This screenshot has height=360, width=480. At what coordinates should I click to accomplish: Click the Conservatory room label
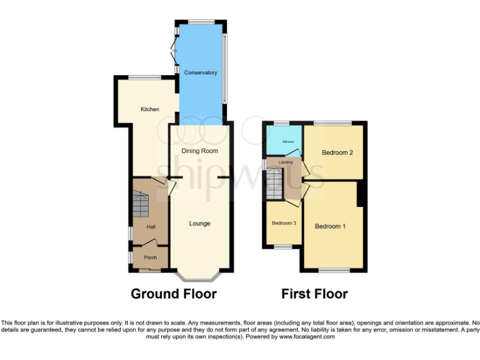(201, 73)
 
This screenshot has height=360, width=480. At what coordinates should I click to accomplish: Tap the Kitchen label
(149, 109)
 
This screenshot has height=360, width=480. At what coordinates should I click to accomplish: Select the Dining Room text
(199, 151)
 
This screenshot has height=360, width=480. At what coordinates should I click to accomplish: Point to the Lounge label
(200, 223)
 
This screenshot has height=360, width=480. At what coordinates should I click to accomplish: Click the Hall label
(151, 227)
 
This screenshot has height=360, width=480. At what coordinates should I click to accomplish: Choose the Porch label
(150, 257)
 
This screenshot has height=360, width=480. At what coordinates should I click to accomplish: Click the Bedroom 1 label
(330, 226)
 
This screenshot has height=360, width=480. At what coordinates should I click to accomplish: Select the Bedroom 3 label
(284, 223)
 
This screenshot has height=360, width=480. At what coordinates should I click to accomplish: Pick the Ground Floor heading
(173, 294)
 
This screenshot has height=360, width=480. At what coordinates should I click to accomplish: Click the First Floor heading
(314, 294)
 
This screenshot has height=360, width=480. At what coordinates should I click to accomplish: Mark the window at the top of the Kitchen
(144, 77)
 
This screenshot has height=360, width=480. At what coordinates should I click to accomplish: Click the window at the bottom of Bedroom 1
(334, 270)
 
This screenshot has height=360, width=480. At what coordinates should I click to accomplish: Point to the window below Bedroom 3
(283, 247)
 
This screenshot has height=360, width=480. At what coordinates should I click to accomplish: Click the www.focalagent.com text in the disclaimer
(309, 337)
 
